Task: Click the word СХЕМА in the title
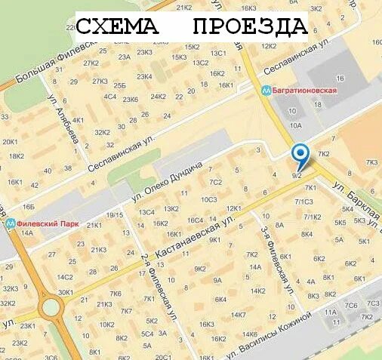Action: click(118, 28)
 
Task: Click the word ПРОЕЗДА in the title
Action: click(250, 28)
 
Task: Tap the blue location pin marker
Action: click(300, 155)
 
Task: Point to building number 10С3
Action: click(208, 199)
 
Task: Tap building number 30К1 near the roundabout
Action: click(66, 292)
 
